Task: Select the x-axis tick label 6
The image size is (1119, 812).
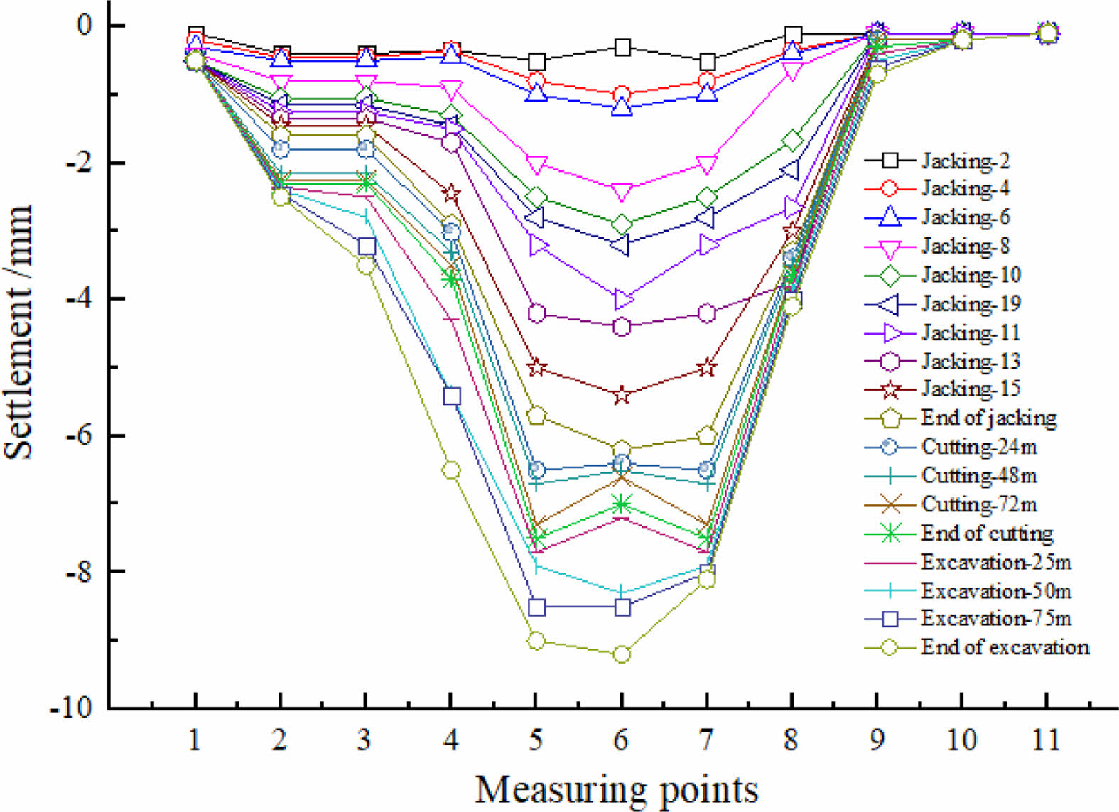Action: (x=621, y=740)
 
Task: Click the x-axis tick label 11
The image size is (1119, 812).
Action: (x=1046, y=740)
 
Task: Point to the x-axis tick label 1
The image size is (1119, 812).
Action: (x=195, y=740)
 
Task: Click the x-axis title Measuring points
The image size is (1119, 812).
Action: (x=616, y=789)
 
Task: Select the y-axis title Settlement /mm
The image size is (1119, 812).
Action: (x=19, y=332)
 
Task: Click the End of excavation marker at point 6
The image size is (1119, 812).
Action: (x=622, y=654)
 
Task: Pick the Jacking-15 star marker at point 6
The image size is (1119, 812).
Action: (x=622, y=395)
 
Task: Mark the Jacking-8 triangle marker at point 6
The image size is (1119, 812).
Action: (x=622, y=192)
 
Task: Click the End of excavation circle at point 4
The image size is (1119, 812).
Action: (x=451, y=470)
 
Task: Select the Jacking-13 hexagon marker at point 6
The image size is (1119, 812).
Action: (x=622, y=327)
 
